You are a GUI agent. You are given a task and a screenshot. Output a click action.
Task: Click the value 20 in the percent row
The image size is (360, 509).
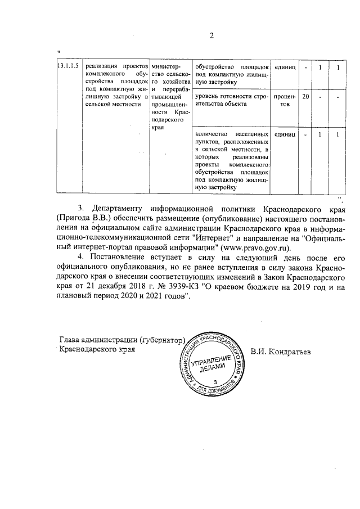pos(305,97)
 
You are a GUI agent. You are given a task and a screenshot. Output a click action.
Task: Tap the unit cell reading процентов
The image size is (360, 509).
pos(285,101)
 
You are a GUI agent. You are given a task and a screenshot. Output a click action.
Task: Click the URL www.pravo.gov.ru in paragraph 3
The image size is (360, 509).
pos(257,246)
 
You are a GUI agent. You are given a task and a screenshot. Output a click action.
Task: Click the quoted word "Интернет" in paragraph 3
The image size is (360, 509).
pos(199,237)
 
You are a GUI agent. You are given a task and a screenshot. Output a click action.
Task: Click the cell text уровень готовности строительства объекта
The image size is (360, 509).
pos(230,101)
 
